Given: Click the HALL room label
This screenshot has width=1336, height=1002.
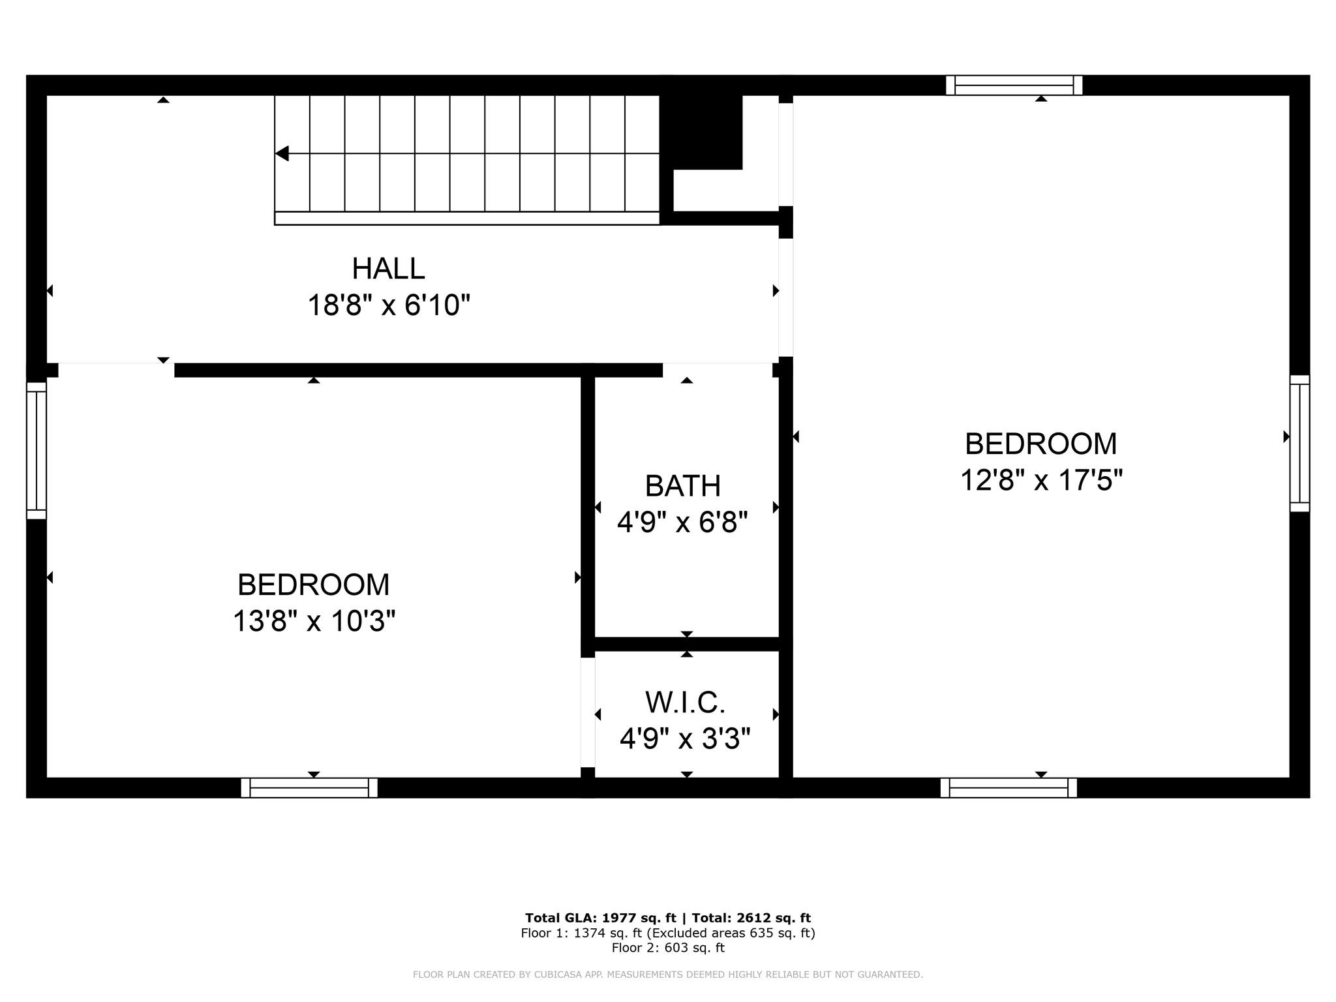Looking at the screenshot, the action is tap(388, 268).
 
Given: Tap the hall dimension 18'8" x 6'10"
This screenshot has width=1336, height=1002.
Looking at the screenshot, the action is tap(389, 305).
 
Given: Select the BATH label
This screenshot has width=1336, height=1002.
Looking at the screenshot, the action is tap(683, 485).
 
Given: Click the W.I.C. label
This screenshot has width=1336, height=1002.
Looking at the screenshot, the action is tap(686, 702).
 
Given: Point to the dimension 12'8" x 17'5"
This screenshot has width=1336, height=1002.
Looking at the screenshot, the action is tap(1041, 480).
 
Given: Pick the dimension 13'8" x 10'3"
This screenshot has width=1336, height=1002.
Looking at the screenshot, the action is tap(314, 620).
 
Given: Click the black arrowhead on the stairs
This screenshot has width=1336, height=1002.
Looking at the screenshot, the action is tap(282, 153).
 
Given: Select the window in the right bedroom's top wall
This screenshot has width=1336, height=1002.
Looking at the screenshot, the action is tap(1014, 85).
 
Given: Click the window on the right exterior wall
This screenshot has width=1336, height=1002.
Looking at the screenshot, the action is tap(1299, 443).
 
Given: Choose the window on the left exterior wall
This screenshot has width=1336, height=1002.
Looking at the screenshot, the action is tap(37, 450).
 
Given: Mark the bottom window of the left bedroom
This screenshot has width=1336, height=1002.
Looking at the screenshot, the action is tap(309, 787).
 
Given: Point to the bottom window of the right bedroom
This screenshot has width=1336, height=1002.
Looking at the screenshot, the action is tap(1009, 787).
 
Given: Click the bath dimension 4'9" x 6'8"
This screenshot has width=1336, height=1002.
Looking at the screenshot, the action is tap(682, 522).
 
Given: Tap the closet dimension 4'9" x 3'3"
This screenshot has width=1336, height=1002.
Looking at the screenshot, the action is tap(685, 738).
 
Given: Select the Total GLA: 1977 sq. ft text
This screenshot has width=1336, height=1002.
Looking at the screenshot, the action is tap(601, 918).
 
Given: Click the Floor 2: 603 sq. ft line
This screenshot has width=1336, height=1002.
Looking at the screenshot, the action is tap(668, 948).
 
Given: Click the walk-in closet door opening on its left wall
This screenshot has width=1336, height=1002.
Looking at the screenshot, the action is tap(588, 712).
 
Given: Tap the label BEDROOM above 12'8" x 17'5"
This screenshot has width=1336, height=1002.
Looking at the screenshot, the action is tap(1041, 444).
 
